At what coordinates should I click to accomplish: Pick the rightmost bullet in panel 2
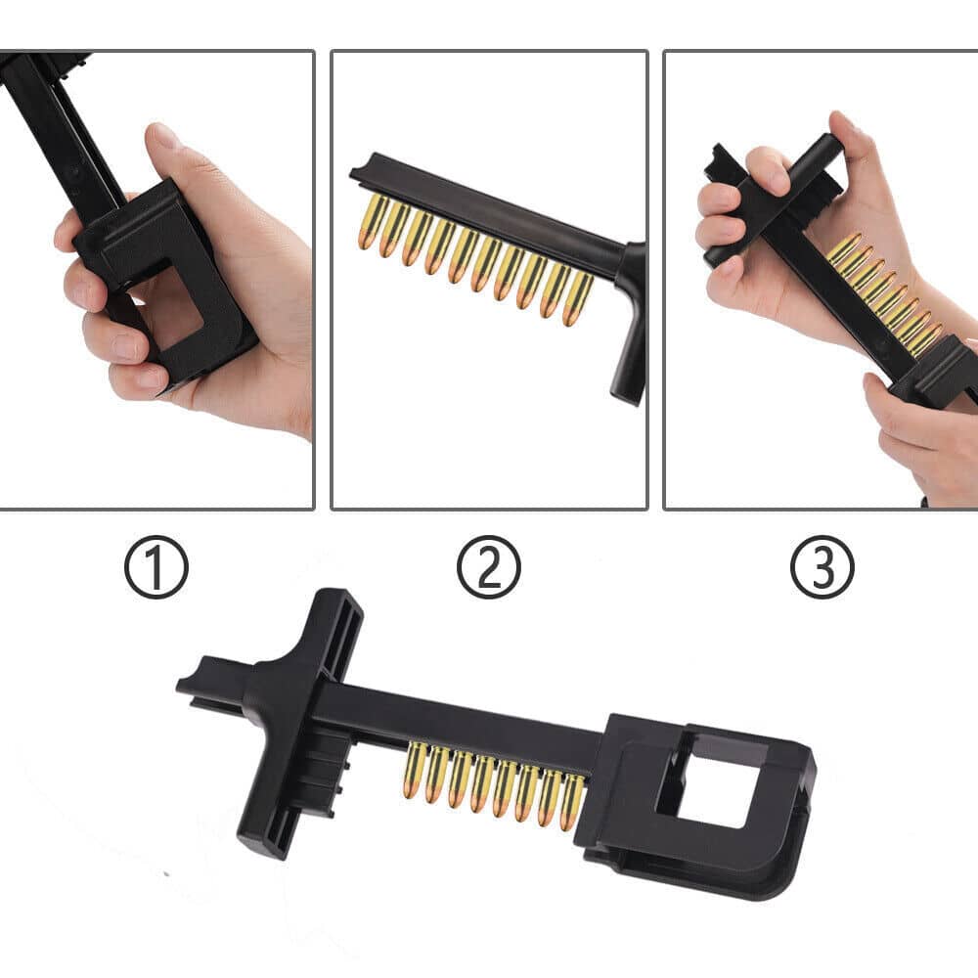[578, 298]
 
